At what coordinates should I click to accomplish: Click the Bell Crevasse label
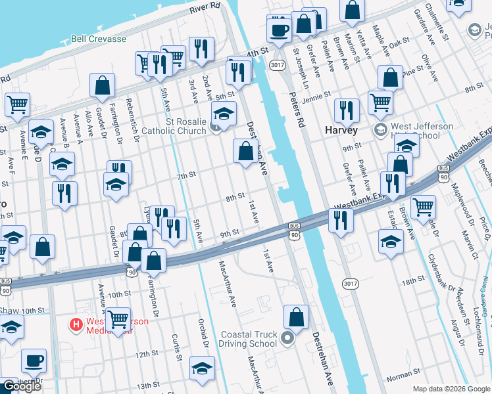point(99,39)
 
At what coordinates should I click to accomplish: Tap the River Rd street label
point(204,7)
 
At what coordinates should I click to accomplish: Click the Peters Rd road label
point(298,109)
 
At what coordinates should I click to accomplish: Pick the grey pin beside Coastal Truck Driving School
point(287,339)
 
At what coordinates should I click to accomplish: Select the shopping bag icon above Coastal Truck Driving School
point(297,317)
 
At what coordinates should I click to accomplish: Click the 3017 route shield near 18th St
point(351,283)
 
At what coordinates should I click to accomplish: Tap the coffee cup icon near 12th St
point(34,361)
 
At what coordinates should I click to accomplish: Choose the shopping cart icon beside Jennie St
point(380,102)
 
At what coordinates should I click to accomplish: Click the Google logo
point(21,386)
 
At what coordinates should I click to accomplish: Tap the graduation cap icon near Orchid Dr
point(202,368)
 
